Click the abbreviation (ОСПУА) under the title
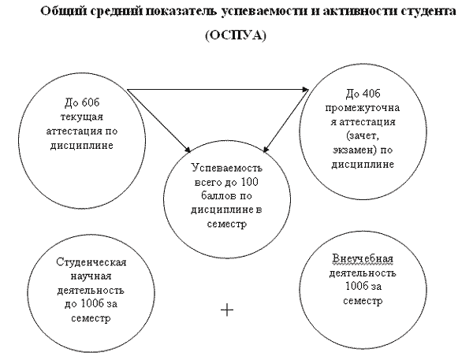tap(236, 35)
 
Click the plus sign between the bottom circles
tap(227, 310)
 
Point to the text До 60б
tap(82, 102)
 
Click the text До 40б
tap(363, 94)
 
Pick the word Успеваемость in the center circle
tap(227, 168)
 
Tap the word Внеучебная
tap(363, 258)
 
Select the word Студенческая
tap(91, 262)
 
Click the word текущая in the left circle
tap(82, 117)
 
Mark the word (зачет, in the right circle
tap(363, 135)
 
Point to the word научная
tap(91, 276)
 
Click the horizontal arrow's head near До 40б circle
tap(305, 89)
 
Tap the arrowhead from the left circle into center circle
tap(188, 149)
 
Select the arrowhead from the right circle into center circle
tap(266, 149)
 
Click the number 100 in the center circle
tap(250, 182)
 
